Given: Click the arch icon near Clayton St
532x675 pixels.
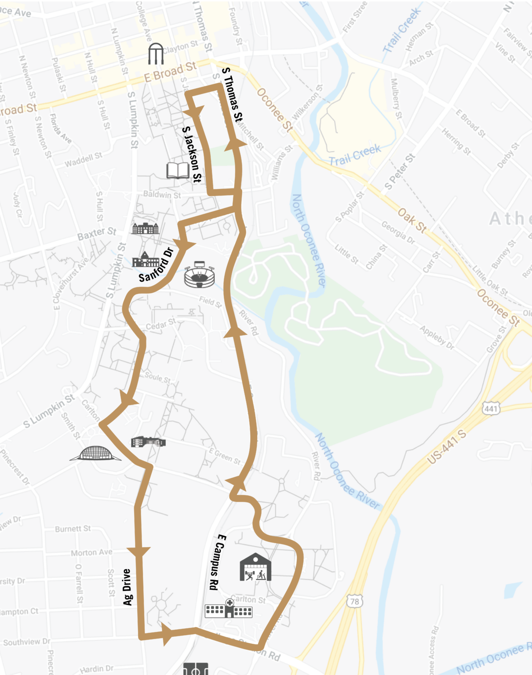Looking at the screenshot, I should pos(156,54).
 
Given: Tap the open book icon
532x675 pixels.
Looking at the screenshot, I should pos(178,170).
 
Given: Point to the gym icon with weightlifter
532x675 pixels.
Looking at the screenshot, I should pos(255,567).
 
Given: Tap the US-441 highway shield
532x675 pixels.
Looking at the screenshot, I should pos(491,409).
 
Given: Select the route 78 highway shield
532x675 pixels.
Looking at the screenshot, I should pos(354,601).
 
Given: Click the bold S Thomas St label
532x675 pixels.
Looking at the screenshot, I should pos(232,94).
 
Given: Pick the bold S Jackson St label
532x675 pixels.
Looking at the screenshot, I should pos(192,154).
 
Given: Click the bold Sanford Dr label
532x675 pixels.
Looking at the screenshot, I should pos(157,265).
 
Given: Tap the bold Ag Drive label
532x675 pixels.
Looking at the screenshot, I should pos(128,587).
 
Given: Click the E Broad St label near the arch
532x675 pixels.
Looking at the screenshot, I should pos(170,72).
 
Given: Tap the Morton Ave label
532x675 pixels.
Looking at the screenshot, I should pos(92,552).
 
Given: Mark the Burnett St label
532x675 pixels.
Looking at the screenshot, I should pos(73,529).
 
